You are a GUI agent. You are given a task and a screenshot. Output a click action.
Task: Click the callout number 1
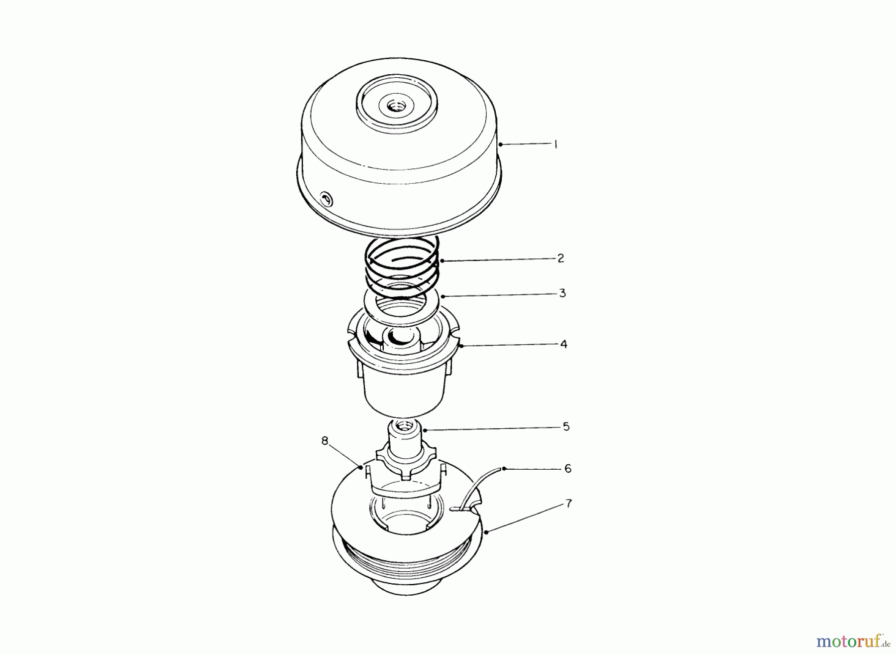[x=556, y=144]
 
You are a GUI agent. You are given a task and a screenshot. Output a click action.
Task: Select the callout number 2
[x=560, y=258]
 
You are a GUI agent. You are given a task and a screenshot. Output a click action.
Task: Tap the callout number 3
[x=562, y=293]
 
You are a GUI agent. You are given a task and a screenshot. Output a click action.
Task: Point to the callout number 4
[x=563, y=344]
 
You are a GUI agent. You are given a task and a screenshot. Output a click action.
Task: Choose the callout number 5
[x=566, y=427]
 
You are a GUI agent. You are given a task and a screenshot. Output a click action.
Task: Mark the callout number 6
[x=567, y=468]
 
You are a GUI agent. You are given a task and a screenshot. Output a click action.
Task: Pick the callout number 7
[x=568, y=504]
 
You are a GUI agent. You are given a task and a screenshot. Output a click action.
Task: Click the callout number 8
[x=325, y=441]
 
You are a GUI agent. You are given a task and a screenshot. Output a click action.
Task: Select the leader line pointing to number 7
[x=525, y=518]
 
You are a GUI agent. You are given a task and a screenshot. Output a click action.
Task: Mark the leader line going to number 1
[x=525, y=144]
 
